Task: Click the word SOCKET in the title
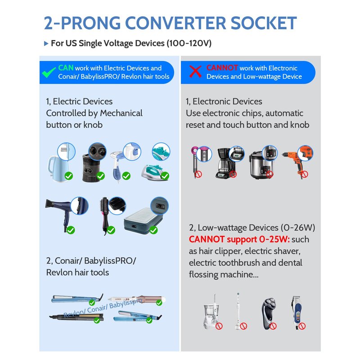pos(264,23)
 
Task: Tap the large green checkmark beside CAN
pos(49,72)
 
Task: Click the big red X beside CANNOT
pos(195,72)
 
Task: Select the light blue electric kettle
pos(58,169)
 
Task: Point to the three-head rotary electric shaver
pos(269,314)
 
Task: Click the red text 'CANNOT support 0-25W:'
pos(239,239)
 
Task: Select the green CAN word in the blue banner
pos(66,68)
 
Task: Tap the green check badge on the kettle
pos(69,176)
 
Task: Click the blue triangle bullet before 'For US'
pos(46,43)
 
